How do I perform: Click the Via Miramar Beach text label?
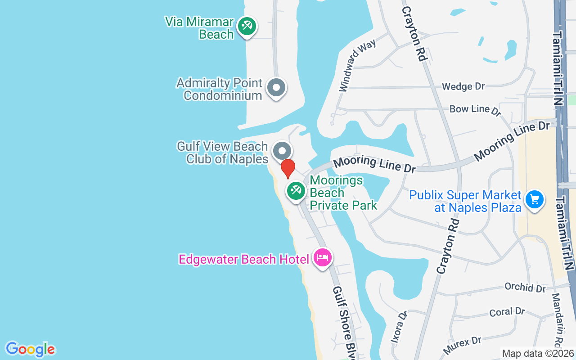[199, 28]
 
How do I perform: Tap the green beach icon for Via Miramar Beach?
[247, 26]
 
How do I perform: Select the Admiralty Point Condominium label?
[219, 89]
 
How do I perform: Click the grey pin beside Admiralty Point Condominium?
[276, 88]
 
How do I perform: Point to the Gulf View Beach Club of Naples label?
[222, 153]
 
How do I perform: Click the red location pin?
[288, 168]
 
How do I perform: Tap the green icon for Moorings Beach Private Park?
[296, 191]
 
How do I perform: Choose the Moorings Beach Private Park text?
[343, 193]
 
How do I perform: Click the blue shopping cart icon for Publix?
[535, 199]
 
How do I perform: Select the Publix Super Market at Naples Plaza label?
[465, 201]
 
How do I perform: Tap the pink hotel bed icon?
[323, 258]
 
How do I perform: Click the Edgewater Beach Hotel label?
[244, 259]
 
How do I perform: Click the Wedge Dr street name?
[463, 86]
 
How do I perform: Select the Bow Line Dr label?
[475, 109]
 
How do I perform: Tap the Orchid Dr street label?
[525, 287]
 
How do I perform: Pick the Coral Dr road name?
[507, 311]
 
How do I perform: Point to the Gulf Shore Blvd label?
[345, 321]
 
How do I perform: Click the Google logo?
[31, 349]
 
